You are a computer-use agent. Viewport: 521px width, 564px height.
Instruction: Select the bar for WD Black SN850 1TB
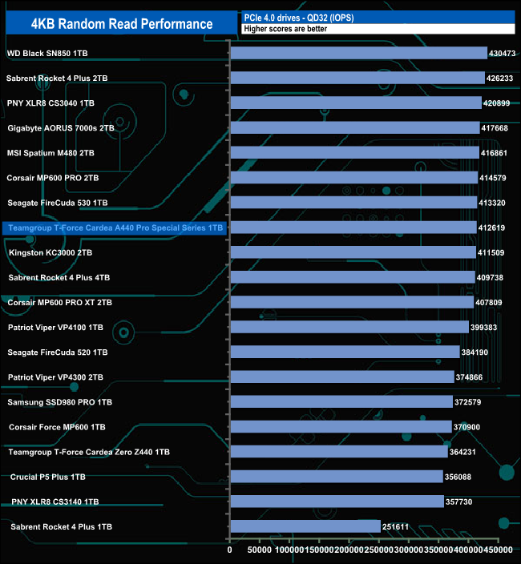coord(358,53)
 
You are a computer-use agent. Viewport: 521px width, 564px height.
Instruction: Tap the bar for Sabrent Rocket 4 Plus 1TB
coord(305,526)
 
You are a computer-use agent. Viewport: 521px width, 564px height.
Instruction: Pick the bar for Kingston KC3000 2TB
coord(353,252)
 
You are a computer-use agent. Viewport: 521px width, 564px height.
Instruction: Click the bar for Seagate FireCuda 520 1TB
coord(345,352)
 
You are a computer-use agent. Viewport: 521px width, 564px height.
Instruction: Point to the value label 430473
coord(503,54)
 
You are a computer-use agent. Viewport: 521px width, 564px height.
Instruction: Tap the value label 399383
coord(487,328)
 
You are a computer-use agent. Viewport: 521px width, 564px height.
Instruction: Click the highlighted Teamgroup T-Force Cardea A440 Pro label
coord(114,228)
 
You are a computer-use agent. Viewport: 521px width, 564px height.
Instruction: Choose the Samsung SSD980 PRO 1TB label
coord(60,402)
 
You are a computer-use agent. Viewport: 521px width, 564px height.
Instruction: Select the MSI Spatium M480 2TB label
coord(50,153)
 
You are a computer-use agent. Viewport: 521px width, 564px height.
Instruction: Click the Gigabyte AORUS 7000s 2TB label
coord(61,128)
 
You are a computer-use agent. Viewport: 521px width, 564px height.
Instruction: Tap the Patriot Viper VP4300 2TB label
coord(55,377)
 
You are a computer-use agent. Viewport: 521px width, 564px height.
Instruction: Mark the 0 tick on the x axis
coord(230,550)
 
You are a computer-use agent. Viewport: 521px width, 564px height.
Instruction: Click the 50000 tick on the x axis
coord(257,550)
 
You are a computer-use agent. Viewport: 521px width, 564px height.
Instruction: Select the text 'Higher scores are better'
coord(285,29)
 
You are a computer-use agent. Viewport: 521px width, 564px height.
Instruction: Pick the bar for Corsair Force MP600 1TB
coord(341,427)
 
